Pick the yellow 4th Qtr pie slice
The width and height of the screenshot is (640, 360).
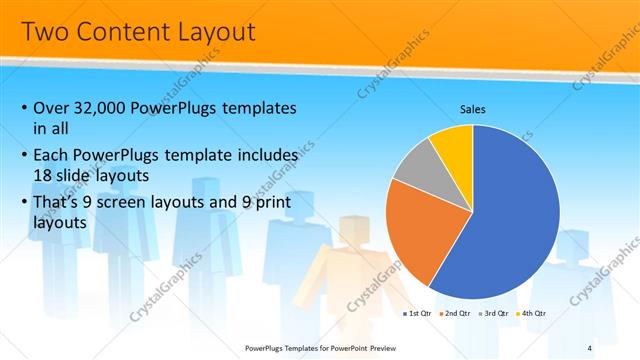click(455, 145)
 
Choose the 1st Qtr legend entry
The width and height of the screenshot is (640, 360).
click(418, 313)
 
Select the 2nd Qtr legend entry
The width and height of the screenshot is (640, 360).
click(457, 313)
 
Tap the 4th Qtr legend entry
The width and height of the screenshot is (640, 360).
click(533, 313)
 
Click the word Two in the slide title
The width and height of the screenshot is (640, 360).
click(46, 32)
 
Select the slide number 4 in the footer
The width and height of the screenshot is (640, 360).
click(589, 347)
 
